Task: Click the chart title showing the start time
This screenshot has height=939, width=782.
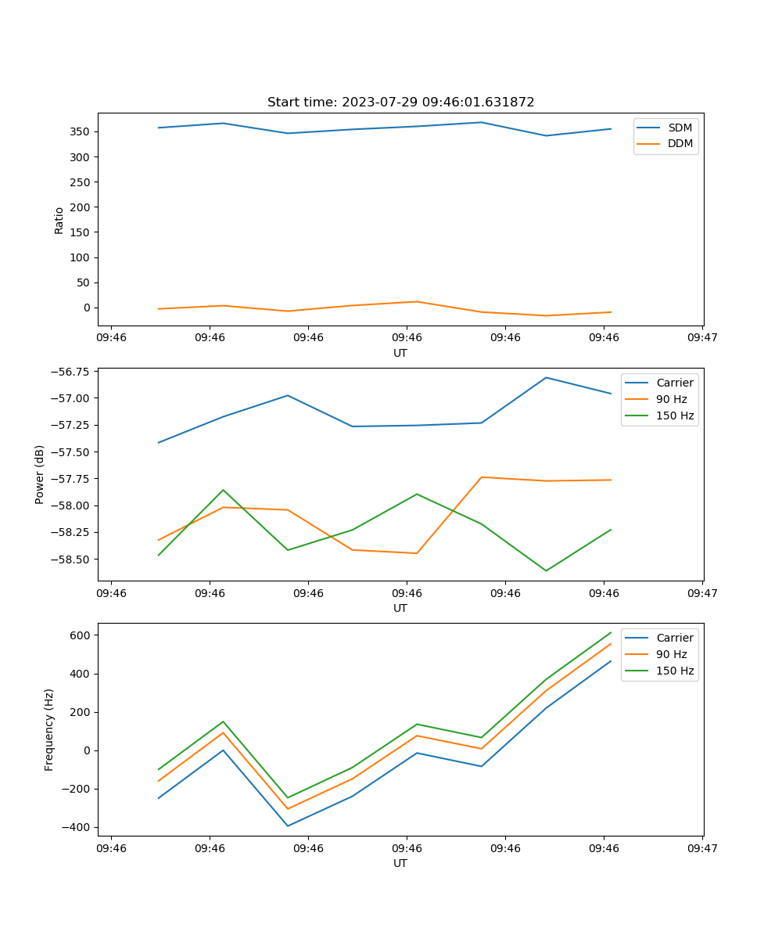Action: click(x=400, y=103)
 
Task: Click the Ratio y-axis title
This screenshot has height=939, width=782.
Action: click(x=59, y=220)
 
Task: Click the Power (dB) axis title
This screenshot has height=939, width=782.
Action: click(x=40, y=474)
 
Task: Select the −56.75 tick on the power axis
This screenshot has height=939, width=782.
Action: click(x=72, y=372)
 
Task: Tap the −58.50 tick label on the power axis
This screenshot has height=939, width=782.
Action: click(x=72, y=559)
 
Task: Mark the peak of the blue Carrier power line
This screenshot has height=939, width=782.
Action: click(x=546, y=378)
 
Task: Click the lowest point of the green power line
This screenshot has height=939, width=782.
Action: click(x=546, y=570)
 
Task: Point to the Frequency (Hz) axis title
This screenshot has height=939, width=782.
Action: click(x=49, y=729)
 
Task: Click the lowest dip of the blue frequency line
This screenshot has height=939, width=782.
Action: click(x=288, y=826)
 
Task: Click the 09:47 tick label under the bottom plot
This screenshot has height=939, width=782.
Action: click(x=701, y=847)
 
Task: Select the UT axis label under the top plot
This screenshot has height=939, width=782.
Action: click(x=400, y=353)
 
